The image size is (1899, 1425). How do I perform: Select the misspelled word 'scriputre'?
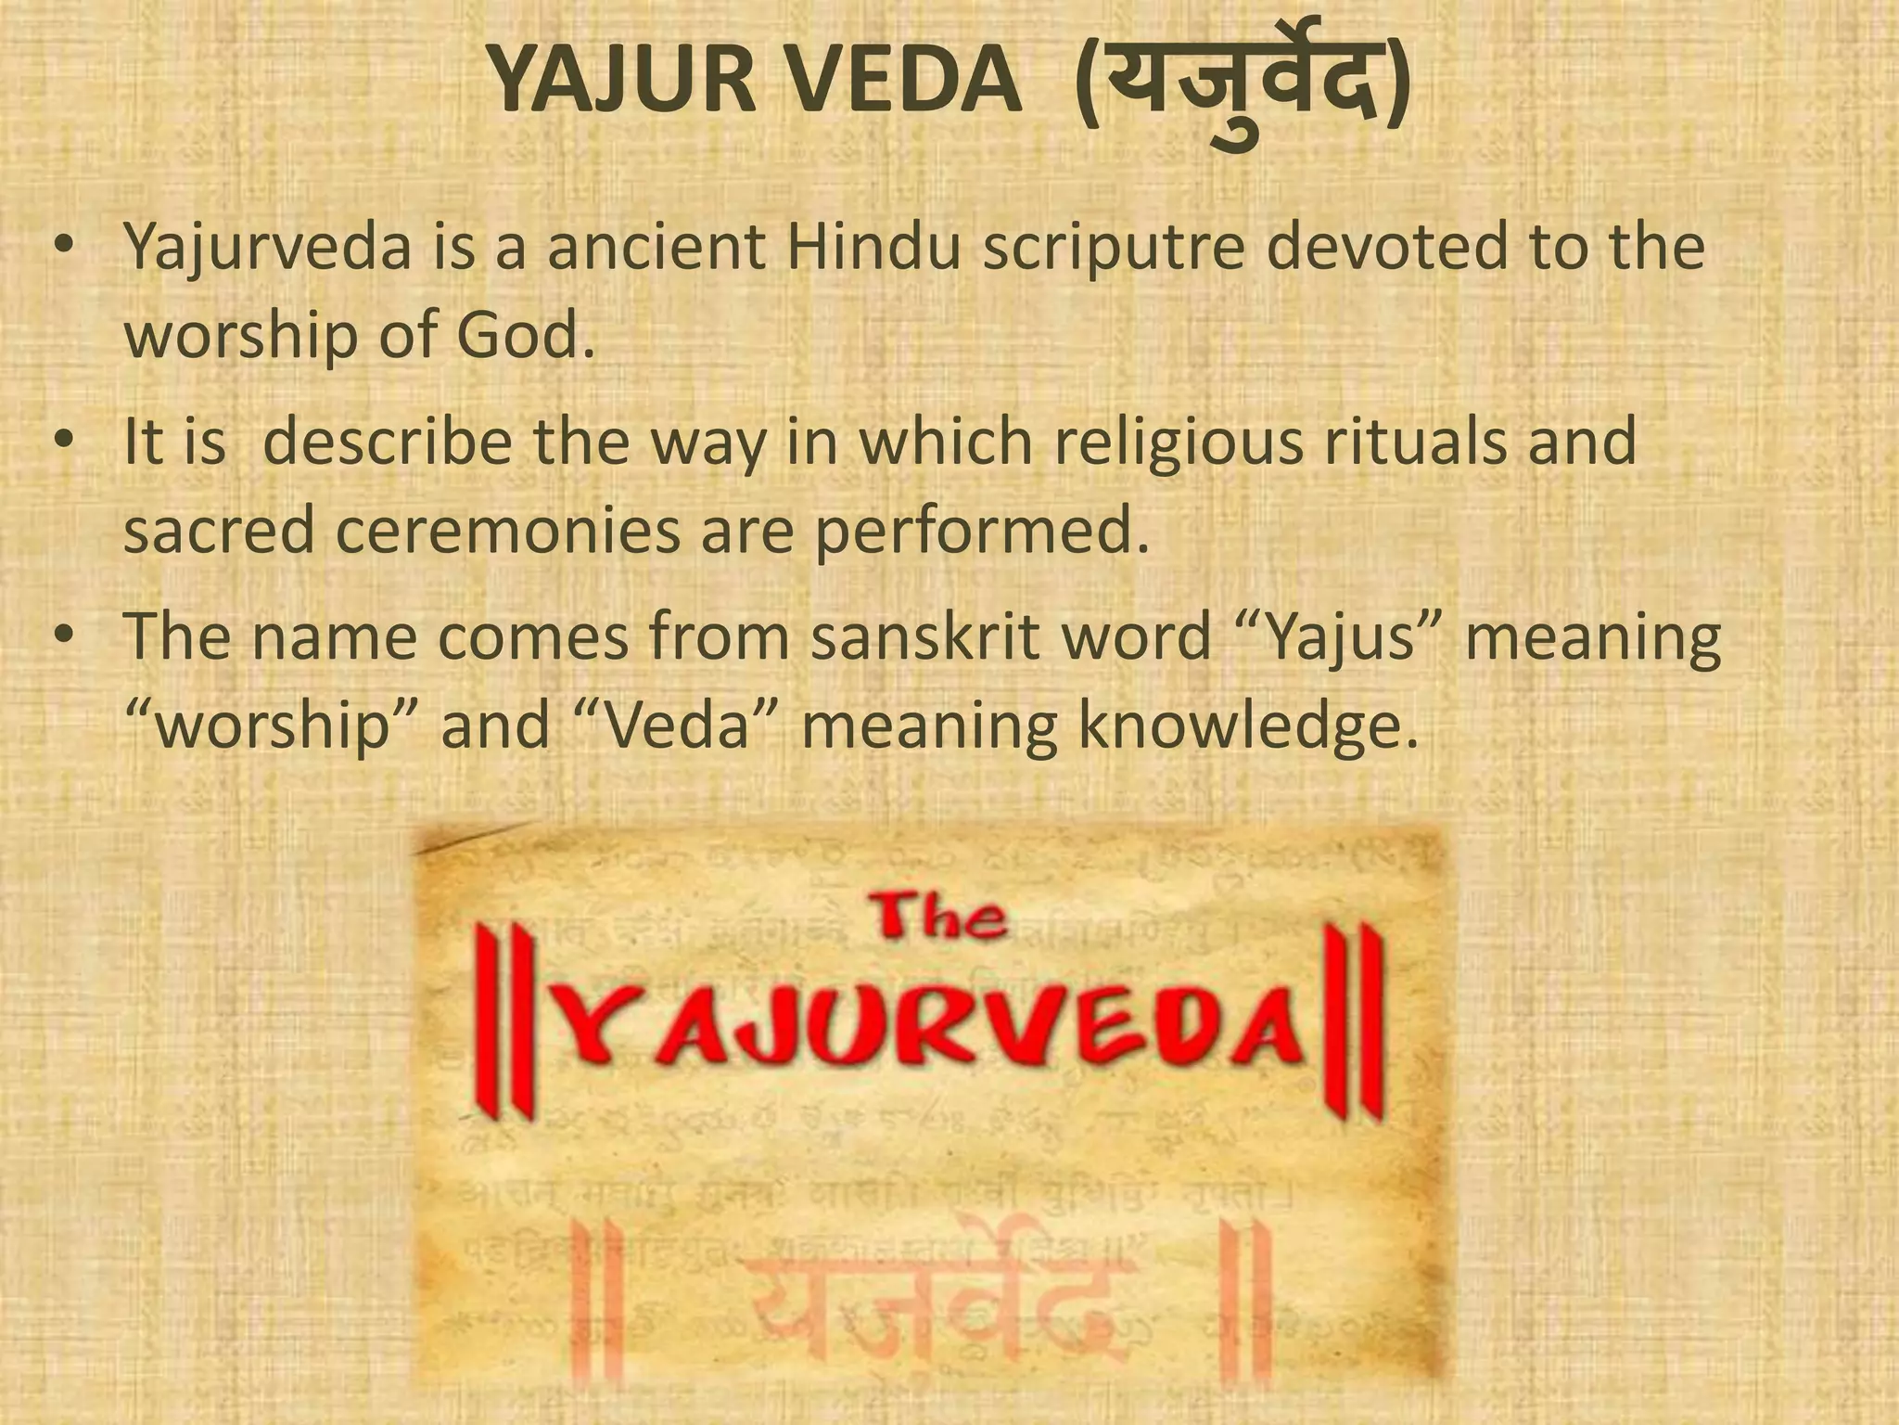[x=1113, y=248]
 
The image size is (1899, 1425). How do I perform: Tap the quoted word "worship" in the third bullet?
[x=269, y=726]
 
